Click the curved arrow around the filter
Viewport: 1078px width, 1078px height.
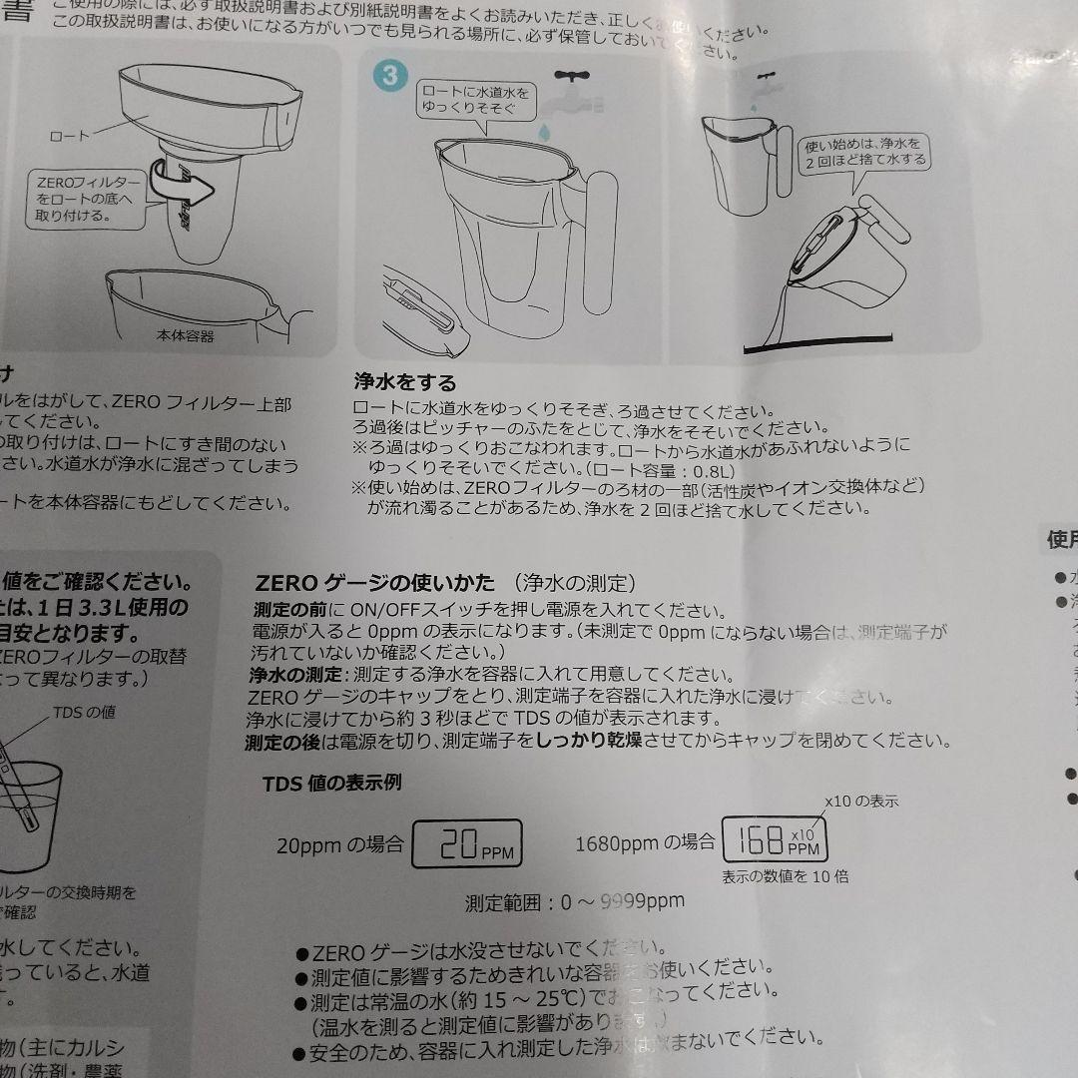point(186,186)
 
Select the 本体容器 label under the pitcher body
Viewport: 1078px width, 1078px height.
point(185,336)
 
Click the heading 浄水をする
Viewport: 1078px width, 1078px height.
point(404,382)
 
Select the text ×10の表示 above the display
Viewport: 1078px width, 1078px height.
point(861,801)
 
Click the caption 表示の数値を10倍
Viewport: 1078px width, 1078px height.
point(785,877)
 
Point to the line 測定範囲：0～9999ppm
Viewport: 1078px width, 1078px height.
point(575,902)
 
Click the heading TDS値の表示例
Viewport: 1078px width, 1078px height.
point(331,784)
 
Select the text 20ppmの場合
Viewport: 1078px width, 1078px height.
point(339,845)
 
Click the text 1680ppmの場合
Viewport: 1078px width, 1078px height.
point(644,843)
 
